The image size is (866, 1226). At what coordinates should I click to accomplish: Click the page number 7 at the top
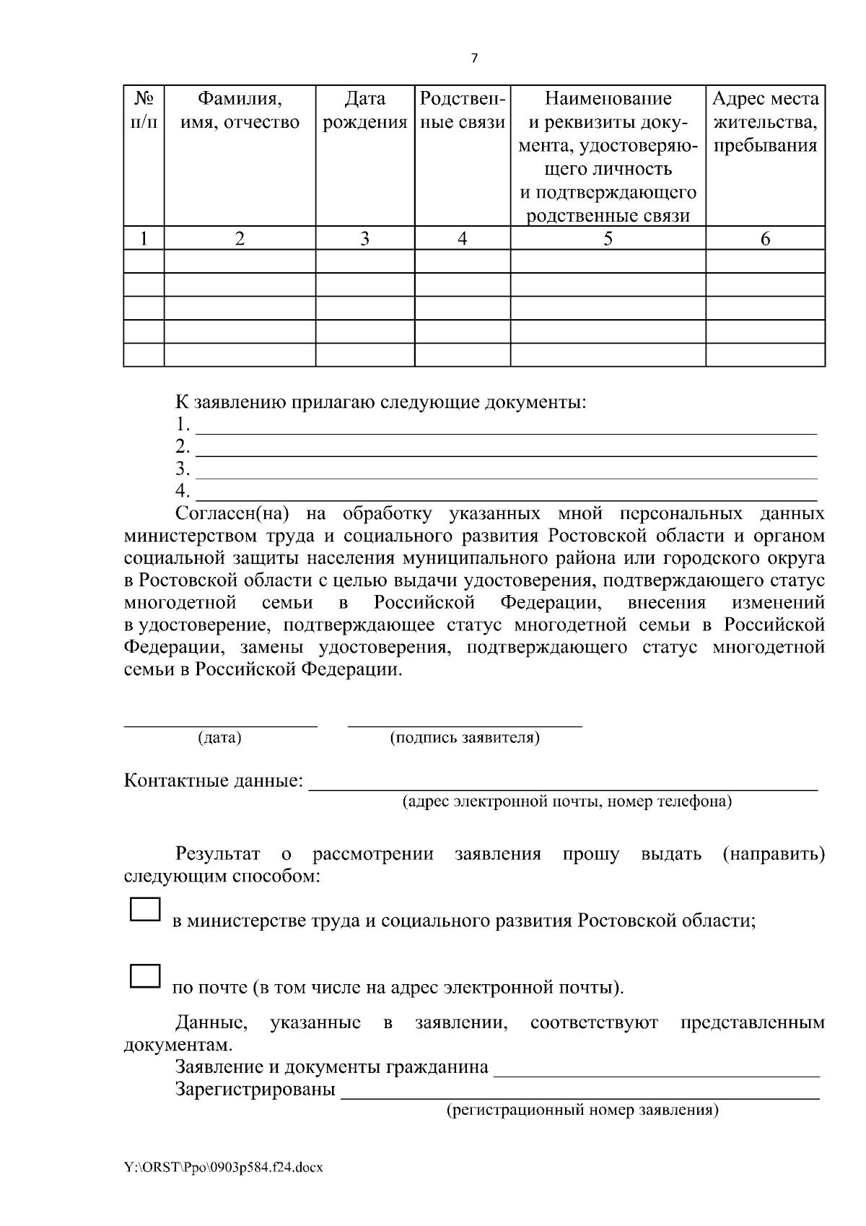474,59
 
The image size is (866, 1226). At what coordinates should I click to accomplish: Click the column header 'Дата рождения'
364,110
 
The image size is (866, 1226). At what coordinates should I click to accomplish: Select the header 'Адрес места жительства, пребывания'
765,122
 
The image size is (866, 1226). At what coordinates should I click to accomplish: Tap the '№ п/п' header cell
144,110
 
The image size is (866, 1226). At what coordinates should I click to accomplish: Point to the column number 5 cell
608,239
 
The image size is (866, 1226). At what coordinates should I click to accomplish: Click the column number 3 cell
364,239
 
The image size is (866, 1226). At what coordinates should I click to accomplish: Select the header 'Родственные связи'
462,110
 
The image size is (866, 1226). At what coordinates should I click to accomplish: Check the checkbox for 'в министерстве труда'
145,909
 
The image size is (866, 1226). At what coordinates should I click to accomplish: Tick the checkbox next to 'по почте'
145,975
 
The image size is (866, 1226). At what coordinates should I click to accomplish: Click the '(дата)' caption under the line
219,738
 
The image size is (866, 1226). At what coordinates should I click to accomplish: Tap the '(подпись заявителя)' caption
465,738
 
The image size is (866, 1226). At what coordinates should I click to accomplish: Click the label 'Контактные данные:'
214,781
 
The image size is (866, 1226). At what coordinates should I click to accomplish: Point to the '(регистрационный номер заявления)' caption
582,1110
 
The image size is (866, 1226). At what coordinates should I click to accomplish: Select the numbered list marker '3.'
183,469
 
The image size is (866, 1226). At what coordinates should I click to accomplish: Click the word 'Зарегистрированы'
255,1090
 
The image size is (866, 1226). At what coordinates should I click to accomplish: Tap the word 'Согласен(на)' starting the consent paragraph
232,514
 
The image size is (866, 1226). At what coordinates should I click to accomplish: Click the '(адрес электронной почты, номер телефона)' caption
567,801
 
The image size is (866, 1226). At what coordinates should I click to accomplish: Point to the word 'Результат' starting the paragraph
217,855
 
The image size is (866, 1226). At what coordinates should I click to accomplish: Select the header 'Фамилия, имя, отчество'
240,110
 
